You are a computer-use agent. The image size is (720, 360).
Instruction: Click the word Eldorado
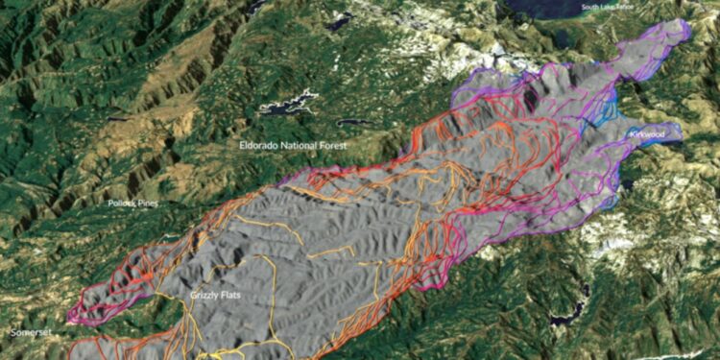tap(258, 144)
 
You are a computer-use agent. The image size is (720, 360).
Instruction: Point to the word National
tap(301, 144)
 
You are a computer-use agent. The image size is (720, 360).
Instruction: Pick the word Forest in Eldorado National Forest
tap(335, 144)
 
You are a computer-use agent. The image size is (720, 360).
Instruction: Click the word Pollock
tap(123, 204)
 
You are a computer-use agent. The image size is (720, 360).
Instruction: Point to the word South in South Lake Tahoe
tap(588, 9)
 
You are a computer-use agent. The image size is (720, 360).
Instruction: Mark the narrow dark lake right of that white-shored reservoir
tap(353, 123)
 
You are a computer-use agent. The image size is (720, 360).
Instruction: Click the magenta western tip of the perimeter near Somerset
tap(72, 314)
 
